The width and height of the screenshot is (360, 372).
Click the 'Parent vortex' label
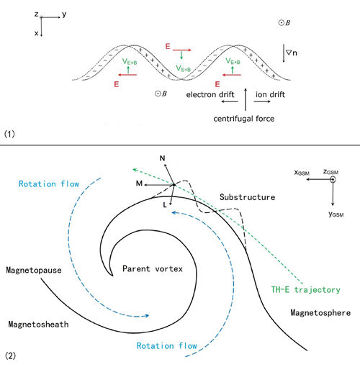pyautogui.click(x=153, y=268)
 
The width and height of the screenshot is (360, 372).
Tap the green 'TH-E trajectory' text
pyautogui.click(x=305, y=290)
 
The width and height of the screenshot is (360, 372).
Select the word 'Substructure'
pyautogui.click(x=247, y=197)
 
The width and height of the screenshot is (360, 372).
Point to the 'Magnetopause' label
pyautogui.click(x=34, y=271)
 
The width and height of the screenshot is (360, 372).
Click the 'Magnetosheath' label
pyautogui.click(x=38, y=325)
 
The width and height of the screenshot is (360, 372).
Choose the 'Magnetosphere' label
pyautogui.click(x=320, y=313)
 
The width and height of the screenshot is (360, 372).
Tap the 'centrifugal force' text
pyautogui.click(x=244, y=119)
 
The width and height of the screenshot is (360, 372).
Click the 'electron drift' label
pyautogui.click(x=210, y=94)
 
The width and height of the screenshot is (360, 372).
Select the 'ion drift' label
pyautogui.click(x=270, y=94)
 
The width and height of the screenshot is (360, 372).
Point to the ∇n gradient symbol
pyautogui.click(x=292, y=53)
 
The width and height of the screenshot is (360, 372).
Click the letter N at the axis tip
pyautogui.click(x=163, y=158)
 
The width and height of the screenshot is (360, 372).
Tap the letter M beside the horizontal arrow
pyautogui.click(x=139, y=183)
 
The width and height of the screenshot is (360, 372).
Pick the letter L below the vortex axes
pyautogui.click(x=165, y=205)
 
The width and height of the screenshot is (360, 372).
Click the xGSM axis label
pyautogui.click(x=302, y=173)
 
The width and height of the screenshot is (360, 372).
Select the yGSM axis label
pyautogui.click(x=336, y=214)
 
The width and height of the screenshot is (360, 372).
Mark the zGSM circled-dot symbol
pyautogui.click(x=333, y=179)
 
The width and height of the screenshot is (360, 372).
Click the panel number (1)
pyautogui.click(x=9, y=134)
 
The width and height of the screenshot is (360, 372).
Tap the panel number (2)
pyautogui.click(x=10, y=355)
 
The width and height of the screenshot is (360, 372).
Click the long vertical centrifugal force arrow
pyautogui.click(x=246, y=99)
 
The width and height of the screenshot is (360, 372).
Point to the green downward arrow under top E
pyautogui.click(x=181, y=55)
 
